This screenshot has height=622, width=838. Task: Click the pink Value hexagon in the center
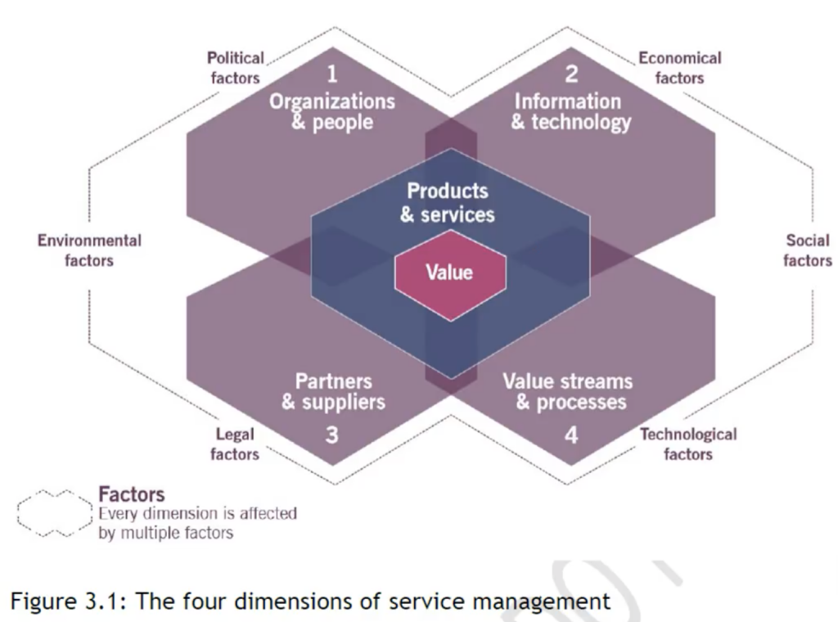click(x=450, y=273)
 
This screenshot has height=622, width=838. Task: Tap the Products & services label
click(x=448, y=203)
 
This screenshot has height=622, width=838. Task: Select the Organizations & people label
click(x=332, y=112)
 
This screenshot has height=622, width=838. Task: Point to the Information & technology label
click(x=570, y=112)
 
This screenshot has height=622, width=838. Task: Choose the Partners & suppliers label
click(x=333, y=391)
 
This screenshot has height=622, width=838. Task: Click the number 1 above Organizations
click(x=331, y=74)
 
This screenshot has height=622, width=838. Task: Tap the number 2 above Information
click(x=571, y=74)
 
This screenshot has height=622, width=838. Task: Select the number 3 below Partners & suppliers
click(x=331, y=435)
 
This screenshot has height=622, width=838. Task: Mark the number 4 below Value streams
click(x=571, y=435)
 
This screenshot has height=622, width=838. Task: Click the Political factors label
click(x=236, y=68)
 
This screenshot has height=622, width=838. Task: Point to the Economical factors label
click(x=680, y=68)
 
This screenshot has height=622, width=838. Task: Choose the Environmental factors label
click(x=89, y=250)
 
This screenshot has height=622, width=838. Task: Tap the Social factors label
click(x=808, y=250)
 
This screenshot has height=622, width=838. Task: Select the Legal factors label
click(x=235, y=444)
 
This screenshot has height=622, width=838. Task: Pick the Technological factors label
click(x=688, y=444)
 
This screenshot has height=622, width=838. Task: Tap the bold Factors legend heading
click(x=131, y=494)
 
